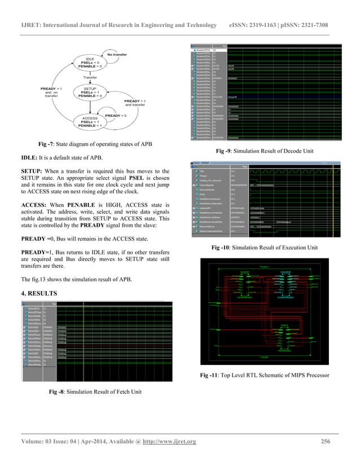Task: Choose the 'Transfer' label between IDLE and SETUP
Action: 90,77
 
